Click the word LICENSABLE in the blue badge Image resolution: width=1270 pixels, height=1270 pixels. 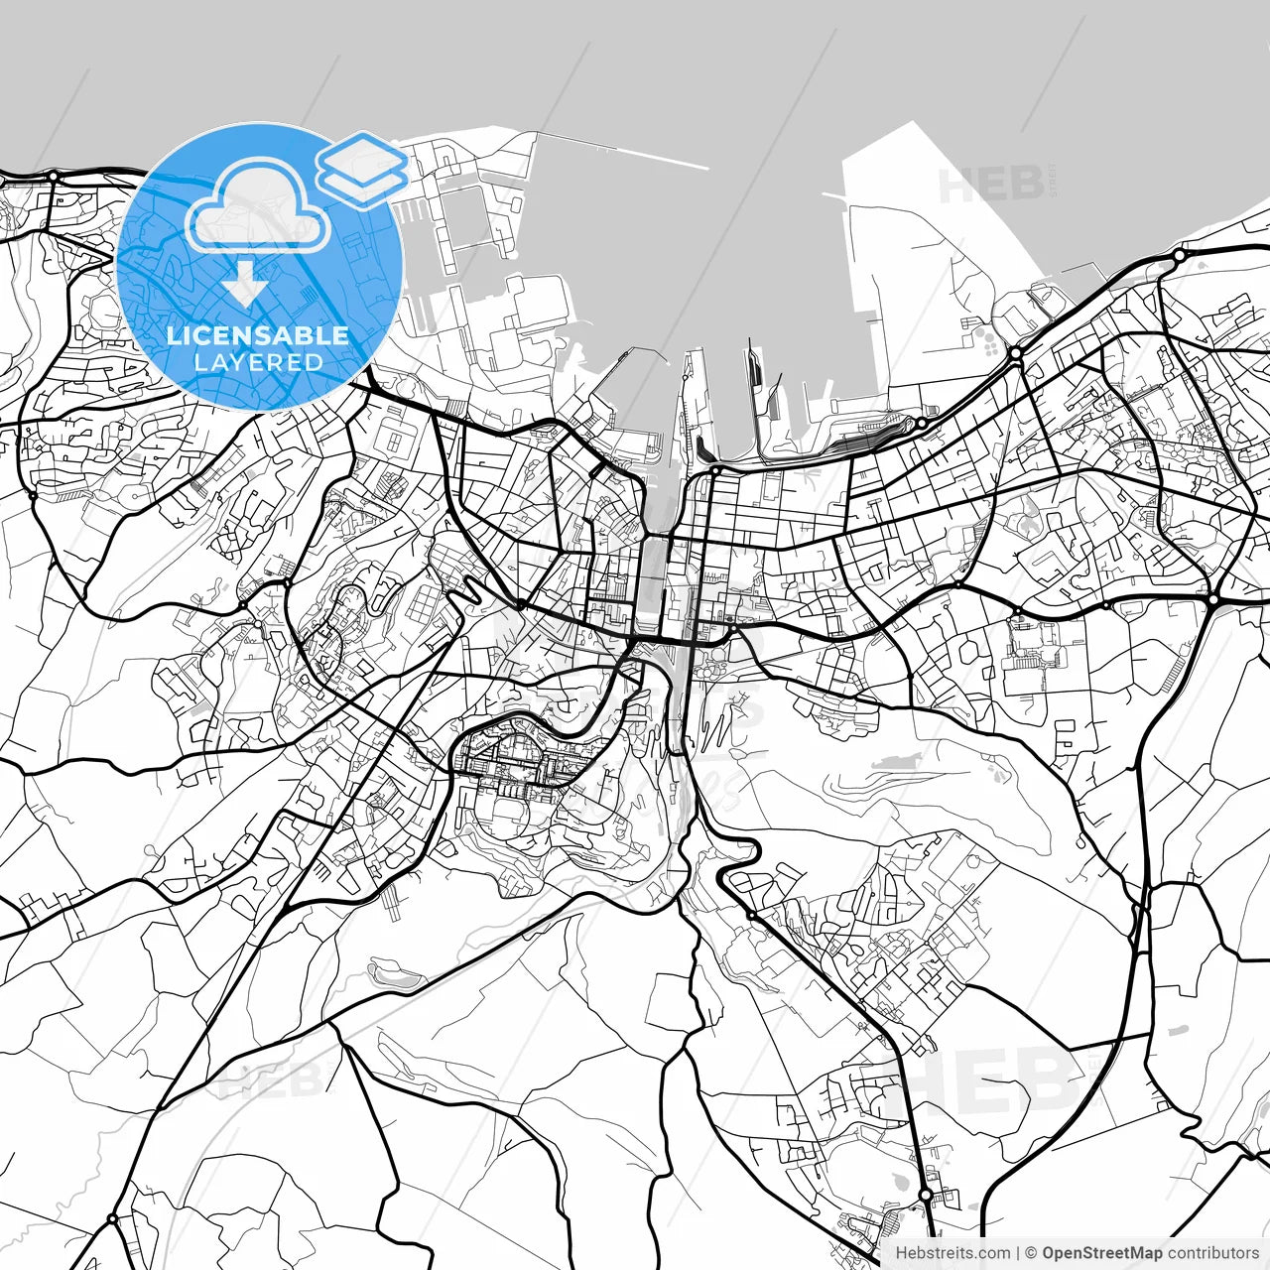[258, 335]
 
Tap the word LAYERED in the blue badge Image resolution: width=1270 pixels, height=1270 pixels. [258, 362]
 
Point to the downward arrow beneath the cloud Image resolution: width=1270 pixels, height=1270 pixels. [243, 282]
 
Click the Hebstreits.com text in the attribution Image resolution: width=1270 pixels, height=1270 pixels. [952, 1253]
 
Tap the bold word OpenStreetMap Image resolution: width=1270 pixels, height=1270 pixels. [1101, 1253]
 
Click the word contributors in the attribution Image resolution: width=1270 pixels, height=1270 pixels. [1211, 1253]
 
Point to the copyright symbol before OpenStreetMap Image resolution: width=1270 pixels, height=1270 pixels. [1032, 1253]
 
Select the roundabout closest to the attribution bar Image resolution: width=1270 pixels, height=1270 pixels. [926, 1196]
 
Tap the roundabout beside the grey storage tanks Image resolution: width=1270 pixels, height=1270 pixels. [1016, 352]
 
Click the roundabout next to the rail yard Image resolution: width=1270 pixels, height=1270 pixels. [921, 424]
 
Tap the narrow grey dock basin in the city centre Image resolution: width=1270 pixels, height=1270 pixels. [652, 585]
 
